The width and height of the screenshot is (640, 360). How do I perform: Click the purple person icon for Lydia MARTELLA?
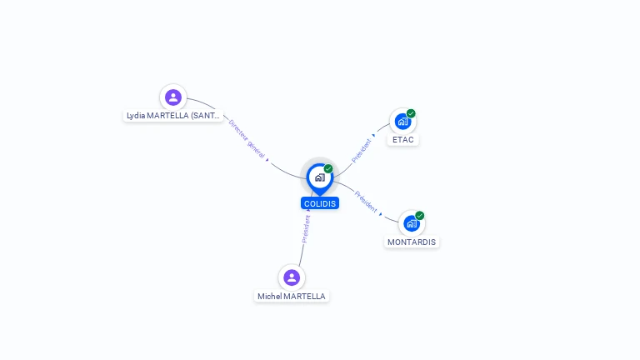[173, 97]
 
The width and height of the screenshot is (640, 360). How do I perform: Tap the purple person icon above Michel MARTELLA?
[291, 277]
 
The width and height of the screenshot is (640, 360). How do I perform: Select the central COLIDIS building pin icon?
[319, 177]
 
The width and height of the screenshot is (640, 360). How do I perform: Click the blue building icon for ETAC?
[402, 122]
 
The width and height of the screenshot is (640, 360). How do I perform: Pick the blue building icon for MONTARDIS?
[412, 223]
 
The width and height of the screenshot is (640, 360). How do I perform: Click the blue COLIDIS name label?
[320, 203]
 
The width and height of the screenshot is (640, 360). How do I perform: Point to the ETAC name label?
[403, 140]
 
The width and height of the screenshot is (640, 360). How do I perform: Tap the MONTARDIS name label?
[412, 242]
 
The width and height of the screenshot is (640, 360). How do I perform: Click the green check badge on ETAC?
[411, 113]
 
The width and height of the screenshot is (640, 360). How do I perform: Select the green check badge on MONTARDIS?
[420, 216]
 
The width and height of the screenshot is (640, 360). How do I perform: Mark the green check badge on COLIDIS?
[328, 169]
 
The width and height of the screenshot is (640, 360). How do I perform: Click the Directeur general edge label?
[247, 138]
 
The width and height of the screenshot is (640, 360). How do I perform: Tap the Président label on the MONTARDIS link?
[367, 202]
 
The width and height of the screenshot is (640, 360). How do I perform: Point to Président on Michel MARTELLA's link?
[306, 229]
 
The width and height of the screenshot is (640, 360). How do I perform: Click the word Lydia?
[135, 116]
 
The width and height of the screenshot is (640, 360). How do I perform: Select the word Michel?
[269, 297]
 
